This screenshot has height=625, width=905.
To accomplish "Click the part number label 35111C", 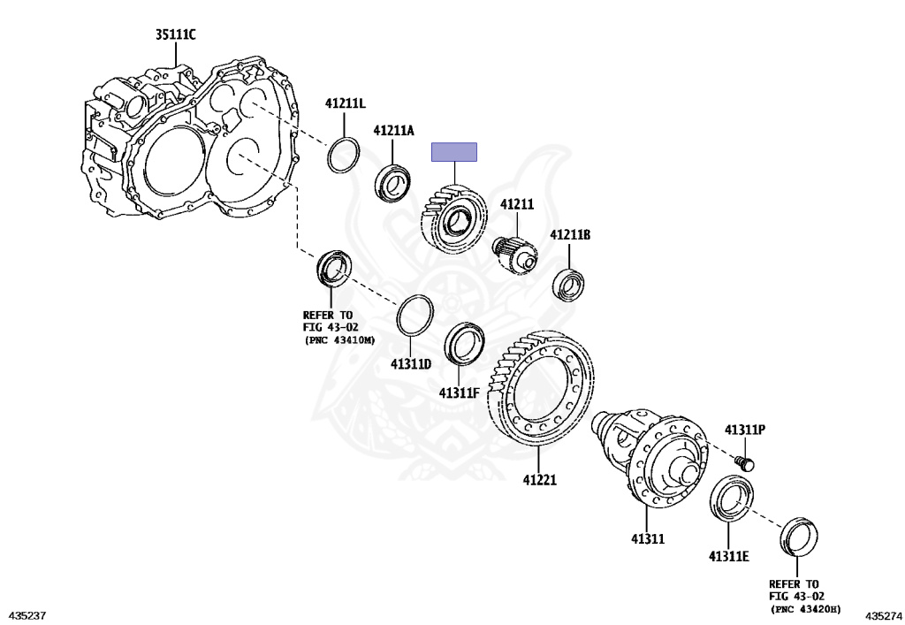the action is click(x=175, y=35).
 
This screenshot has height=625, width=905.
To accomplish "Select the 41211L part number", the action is click(x=345, y=103).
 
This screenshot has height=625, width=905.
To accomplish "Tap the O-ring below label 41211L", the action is click(x=344, y=156).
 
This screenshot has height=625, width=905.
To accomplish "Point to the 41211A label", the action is click(x=393, y=131).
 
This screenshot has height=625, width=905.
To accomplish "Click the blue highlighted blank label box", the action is click(x=453, y=152).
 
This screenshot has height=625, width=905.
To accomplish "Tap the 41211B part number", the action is click(x=570, y=235).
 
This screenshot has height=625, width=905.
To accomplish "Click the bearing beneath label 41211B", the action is click(x=569, y=286).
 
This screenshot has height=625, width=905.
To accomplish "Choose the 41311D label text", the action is click(x=411, y=364).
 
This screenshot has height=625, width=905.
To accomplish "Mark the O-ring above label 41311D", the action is click(x=414, y=316).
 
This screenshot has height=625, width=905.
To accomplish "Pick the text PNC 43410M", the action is click(x=339, y=339).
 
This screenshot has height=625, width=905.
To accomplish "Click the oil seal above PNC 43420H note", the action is click(x=800, y=537).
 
